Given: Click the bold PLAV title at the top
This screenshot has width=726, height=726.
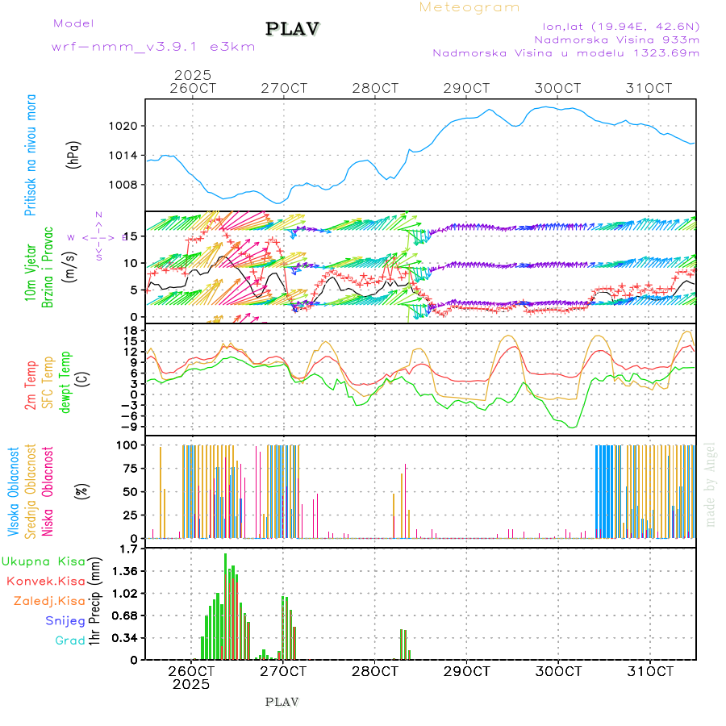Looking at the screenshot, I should click(293, 29).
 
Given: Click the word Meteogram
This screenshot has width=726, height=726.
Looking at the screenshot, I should click(469, 7).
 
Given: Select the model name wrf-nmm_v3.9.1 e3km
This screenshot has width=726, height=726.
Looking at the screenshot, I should click(153, 46).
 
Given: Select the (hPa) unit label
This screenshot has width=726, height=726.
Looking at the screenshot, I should click(74, 155).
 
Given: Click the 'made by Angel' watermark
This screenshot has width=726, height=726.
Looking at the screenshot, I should click(711, 484).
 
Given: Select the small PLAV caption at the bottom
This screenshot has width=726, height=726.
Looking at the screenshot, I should click(282, 702).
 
